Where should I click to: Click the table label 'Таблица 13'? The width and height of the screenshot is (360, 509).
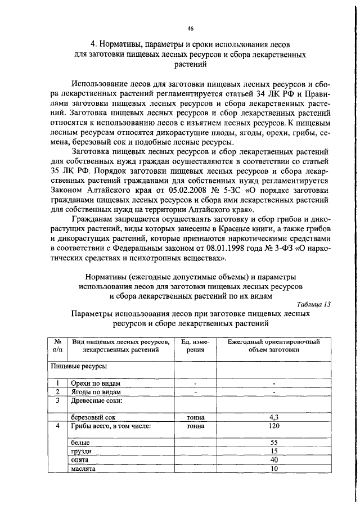coord(313,304)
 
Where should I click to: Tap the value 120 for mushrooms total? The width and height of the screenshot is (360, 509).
coord(273,426)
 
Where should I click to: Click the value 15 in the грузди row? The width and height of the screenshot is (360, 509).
coord(273,452)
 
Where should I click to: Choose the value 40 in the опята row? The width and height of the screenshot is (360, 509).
coord(273,460)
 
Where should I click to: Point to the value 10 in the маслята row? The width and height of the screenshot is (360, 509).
coord(273,469)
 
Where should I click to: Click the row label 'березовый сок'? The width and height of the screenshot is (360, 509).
coord(92,418)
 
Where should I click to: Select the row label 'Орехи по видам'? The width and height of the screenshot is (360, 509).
coord(94,384)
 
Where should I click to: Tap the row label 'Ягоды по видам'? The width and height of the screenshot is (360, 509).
coord(94,392)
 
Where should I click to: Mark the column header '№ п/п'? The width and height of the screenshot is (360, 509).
coord(57,345)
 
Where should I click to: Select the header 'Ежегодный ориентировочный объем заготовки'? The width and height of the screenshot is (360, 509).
coord(273,345)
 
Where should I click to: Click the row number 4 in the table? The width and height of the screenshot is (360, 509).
coord(57,426)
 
